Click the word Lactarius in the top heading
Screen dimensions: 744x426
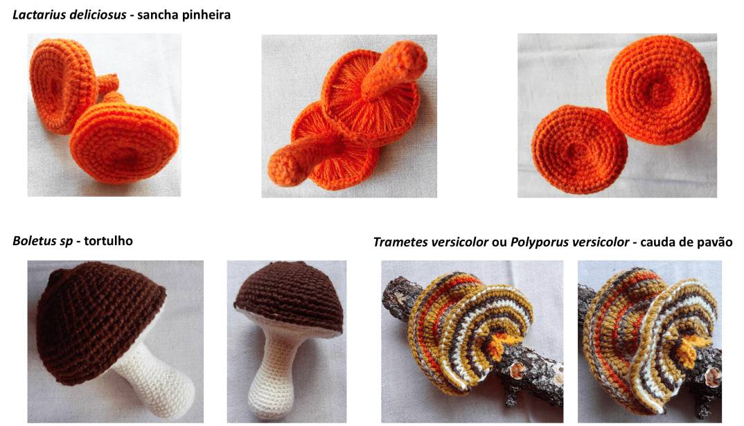point(41,15)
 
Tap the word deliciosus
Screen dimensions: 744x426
point(98,15)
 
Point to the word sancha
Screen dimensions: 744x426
point(156,15)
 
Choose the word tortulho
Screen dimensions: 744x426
point(108,240)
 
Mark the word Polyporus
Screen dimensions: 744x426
point(536,242)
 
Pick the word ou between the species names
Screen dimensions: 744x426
point(499,242)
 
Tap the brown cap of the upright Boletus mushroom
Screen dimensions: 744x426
point(289,296)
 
